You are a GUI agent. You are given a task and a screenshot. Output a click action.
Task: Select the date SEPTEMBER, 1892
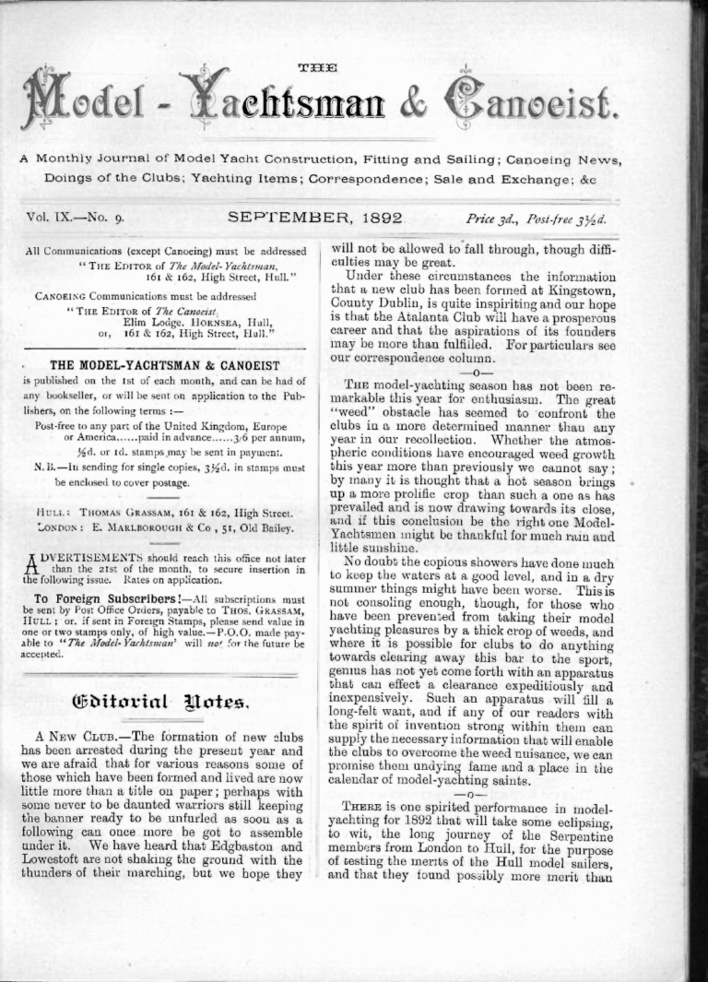[315, 219]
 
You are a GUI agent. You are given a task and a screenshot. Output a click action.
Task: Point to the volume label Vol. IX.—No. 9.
[82, 219]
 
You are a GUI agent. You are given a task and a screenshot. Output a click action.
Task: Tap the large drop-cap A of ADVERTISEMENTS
[29, 565]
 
